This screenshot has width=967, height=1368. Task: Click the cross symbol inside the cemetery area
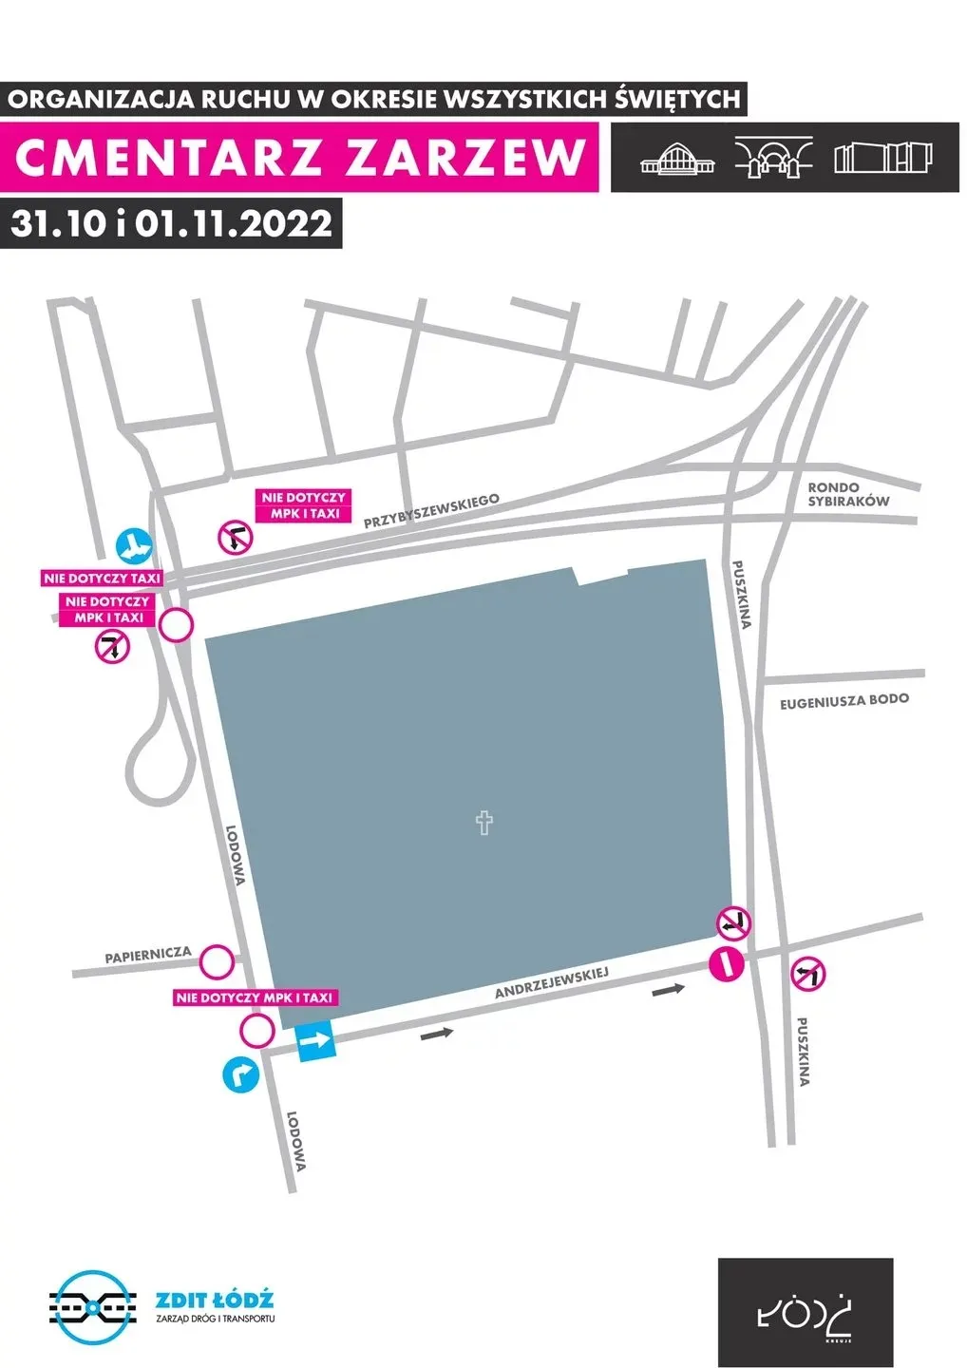484,822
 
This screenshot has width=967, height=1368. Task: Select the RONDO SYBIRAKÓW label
848,494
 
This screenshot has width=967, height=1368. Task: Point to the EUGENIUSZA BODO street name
844,702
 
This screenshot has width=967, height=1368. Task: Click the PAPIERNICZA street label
148,955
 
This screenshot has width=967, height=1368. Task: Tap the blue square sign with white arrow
316,1042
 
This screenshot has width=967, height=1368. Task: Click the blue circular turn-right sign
241,1075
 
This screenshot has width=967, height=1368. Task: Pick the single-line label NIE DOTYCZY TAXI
103,578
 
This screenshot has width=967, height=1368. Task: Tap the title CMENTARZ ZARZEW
300,158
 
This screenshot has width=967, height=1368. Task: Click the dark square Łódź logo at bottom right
805,1312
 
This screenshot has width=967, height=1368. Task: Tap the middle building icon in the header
774,158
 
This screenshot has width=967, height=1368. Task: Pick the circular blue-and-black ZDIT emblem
87,1307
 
